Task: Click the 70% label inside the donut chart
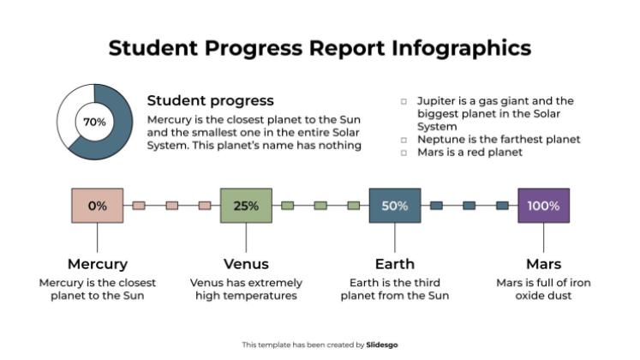click(94, 122)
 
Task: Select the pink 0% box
click(97, 206)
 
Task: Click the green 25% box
click(246, 206)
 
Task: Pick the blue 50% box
click(395, 206)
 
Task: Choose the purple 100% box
click(543, 206)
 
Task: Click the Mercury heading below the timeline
click(97, 264)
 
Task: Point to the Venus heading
click(246, 264)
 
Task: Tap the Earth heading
click(395, 264)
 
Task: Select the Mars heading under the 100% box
click(543, 264)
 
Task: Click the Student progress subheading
click(211, 100)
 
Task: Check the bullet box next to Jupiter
click(404, 101)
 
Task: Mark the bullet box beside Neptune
click(404, 140)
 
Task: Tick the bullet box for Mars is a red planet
click(404, 153)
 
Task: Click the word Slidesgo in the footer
click(382, 345)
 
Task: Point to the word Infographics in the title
click(462, 47)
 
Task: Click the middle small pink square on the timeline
click(171, 206)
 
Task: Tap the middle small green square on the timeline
click(320, 206)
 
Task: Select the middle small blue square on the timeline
click(470, 206)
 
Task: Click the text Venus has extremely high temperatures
click(246, 289)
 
